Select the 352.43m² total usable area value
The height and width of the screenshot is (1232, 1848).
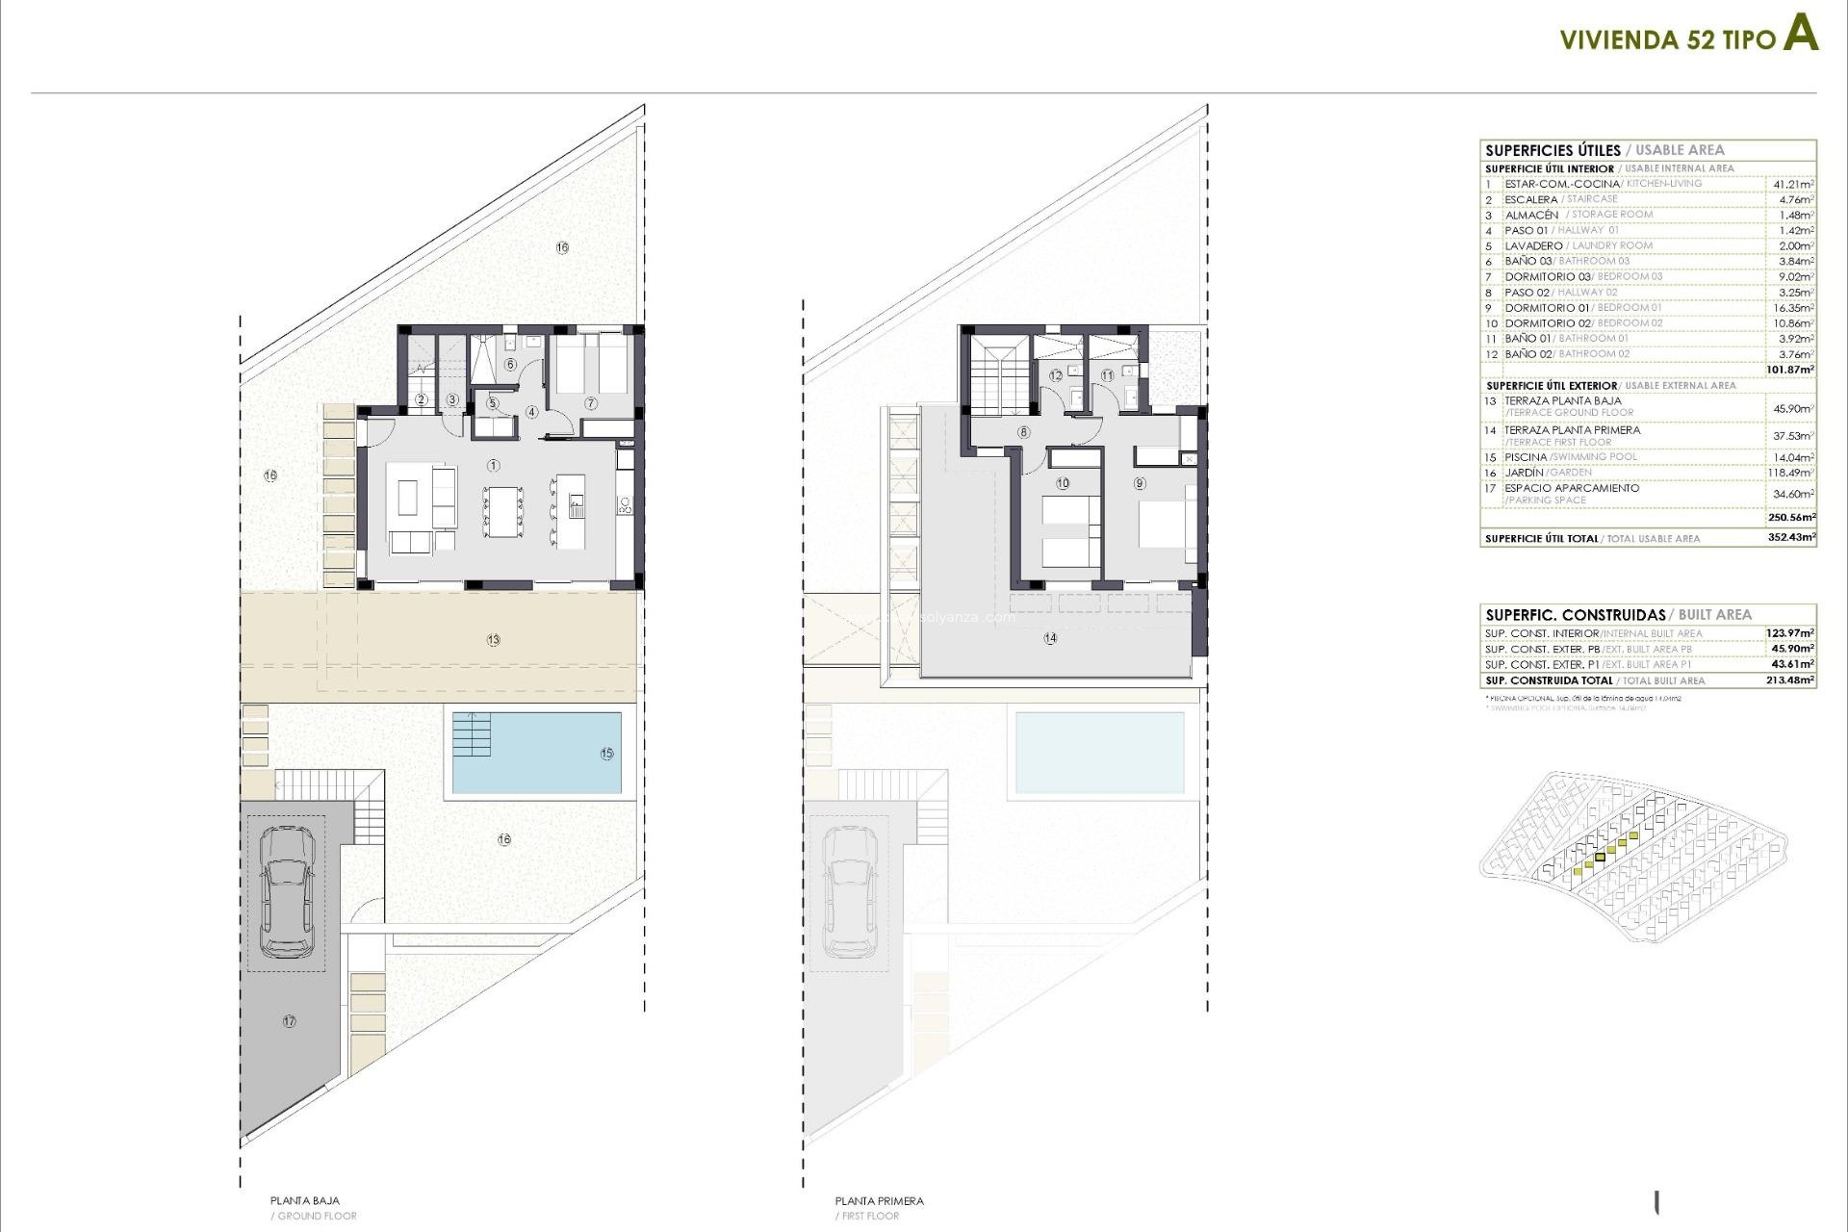coord(1791,538)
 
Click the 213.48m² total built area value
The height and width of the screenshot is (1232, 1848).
coord(1791,680)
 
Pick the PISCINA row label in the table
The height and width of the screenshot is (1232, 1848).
coord(1526,457)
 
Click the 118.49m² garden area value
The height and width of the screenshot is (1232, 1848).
coord(1793,474)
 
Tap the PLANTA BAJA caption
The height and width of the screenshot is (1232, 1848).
coord(304,1200)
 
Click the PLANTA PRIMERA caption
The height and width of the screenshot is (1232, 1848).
coord(879,1200)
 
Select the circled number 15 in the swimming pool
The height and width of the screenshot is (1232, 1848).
coord(606,754)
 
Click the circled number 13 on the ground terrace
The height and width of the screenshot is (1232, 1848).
coord(494,640)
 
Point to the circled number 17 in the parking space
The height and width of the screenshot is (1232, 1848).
coord(290,1021)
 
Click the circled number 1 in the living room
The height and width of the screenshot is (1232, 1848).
coord(494,466)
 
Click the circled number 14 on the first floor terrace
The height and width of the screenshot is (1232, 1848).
coord(1050,638)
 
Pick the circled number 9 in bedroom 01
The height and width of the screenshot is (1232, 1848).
coord(1140,484)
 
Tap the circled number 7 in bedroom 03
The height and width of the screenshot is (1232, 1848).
coord(590,403)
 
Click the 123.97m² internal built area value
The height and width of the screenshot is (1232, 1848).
coord(1790,633)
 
